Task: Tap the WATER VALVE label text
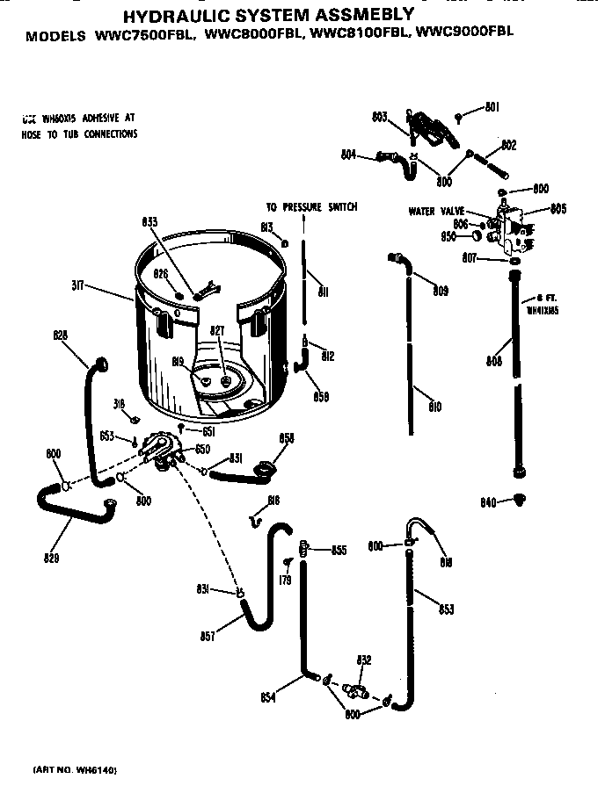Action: [436, 211]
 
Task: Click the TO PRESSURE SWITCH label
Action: [311, 207]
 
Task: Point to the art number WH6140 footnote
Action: [75, 770]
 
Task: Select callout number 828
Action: [61, 335]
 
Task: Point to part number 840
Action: [490, 501]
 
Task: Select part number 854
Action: [269, 697]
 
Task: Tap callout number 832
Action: [362, 660]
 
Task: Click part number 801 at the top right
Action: [492, 109]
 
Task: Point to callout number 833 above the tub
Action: [149, 222]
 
